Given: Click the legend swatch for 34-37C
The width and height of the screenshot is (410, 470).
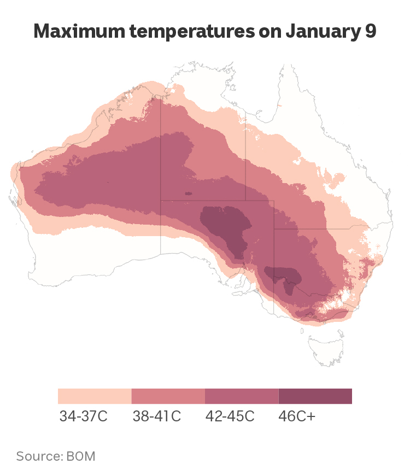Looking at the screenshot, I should point(95,396).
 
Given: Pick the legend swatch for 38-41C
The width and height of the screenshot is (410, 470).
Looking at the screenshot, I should point(168,396).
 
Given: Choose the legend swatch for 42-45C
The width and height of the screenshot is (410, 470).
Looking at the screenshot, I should point(242,396).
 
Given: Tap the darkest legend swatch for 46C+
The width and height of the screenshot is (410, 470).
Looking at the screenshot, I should point(315,396).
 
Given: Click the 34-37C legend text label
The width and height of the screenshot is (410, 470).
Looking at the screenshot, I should point(83,416).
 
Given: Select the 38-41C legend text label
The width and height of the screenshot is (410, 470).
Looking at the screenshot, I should point(156,416).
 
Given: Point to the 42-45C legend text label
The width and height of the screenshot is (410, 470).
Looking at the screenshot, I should point(230,416).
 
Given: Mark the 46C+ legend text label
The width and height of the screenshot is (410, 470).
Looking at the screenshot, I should point(297,416).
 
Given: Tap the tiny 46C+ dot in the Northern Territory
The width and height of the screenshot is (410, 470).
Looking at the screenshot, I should point(189,193).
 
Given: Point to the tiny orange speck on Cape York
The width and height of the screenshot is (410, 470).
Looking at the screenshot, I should point(279,105).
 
